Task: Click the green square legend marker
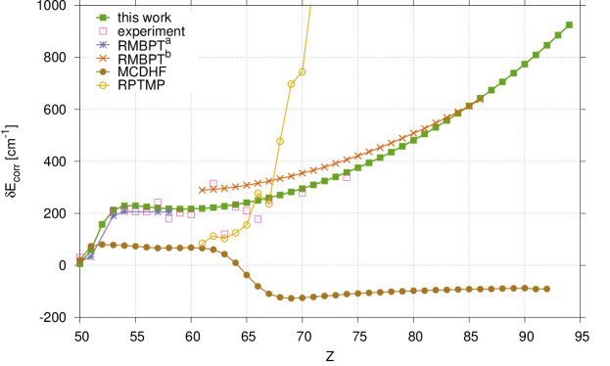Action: pos(103,18)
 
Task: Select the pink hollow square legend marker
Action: pos(103,31)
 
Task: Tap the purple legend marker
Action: pos(103,45)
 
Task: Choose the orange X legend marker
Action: pos(103,59)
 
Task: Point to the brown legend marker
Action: pos(103,71)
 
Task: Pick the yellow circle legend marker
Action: pos(103,85)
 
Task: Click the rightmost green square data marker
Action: pos(569,25)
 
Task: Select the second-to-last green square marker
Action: pos(558,35)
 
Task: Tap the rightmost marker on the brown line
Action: pos(546,289)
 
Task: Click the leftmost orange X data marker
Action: pos(203,190)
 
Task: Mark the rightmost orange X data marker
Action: pos(480,99)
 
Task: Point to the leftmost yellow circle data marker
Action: pos(203,243)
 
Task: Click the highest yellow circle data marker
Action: pos(302,71)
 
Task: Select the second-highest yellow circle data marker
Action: pos(291,85)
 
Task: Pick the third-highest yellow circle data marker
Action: pos(280,141)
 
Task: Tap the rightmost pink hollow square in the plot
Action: pos(347,177)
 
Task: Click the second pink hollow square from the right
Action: pos(303,192)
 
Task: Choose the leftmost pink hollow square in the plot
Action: pos(80,257)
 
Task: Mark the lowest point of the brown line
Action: pos(291,297)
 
